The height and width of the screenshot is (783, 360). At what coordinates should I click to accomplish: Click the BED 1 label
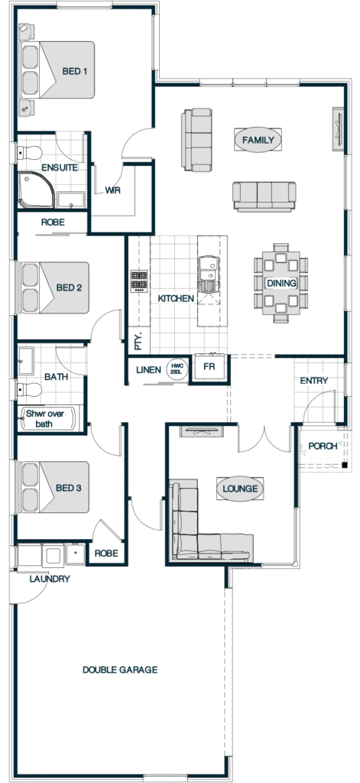[x=75, y=71]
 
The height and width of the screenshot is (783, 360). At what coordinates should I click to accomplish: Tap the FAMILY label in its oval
[x=258, y=140]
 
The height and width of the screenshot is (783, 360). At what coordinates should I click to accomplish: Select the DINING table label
[x=281, y=283]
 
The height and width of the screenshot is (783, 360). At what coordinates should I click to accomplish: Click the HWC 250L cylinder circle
[x=176, y=370]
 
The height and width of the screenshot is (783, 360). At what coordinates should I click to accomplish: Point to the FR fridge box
[x=209, y=367]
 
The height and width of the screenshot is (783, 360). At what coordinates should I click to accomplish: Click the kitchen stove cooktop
[x=139, y=281]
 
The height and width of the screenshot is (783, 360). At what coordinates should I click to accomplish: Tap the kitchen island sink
[x=209, y=274]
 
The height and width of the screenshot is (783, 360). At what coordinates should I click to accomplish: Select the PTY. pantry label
[x=139, y=341]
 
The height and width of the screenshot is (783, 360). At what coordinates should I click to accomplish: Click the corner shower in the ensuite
[x=36, y=190]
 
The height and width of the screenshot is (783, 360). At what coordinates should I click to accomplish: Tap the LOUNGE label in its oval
[x=240, y=489]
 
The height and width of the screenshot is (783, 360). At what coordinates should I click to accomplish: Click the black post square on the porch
[x=345, y=465]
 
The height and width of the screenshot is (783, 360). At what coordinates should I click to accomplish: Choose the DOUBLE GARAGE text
[x=120, y=670]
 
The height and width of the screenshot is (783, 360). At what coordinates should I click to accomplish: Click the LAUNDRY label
[x=50, y=580]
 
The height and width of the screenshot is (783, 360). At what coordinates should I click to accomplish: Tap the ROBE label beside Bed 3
[x=106, y=554]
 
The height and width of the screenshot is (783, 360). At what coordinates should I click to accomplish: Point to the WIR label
[x=112, y=190]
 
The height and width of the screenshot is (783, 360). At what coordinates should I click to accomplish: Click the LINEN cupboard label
[x=148, y=370]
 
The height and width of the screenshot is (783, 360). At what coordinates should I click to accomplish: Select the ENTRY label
[x=314, y=381]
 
